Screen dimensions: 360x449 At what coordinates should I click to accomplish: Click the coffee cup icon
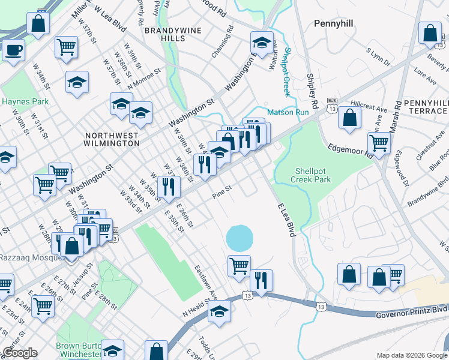click(x=13, y=50)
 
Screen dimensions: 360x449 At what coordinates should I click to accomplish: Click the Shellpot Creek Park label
click(x=311, y=175)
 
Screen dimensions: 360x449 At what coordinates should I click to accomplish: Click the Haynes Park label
click(x=20, y=101)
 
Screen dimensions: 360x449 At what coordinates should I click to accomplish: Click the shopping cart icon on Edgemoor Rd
click(x=379, y=143)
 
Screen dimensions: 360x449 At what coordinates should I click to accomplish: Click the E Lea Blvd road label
click(x=287, y=219)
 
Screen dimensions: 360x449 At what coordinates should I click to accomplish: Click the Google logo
click(x=20, y=353)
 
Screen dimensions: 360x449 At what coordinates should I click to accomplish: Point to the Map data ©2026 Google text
click(x=411, y=355)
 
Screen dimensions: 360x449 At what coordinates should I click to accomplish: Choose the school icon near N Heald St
click(x=220, y=311)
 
